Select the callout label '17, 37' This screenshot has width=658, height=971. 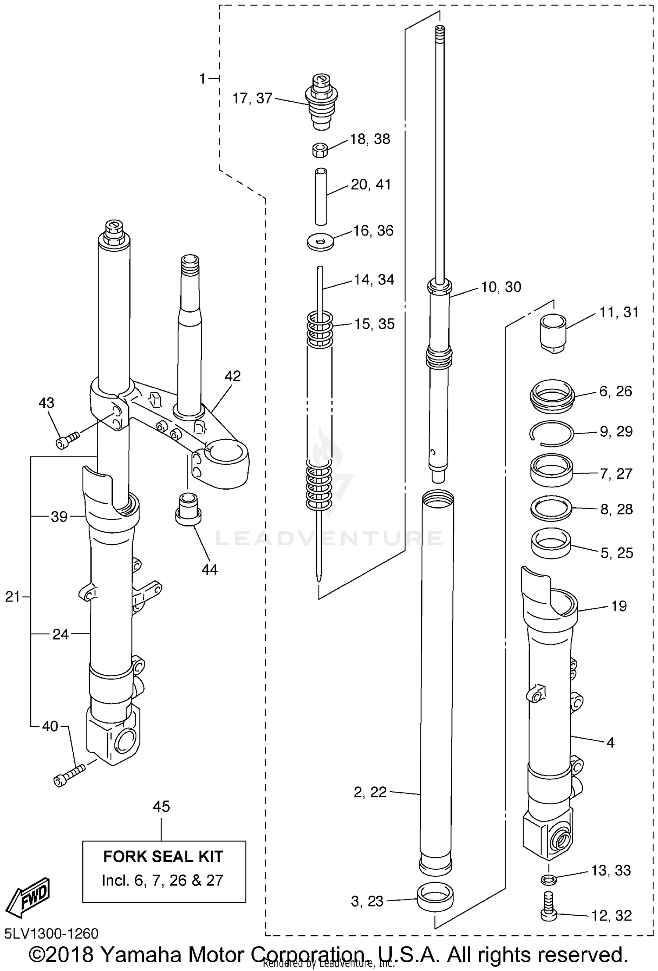pyautogui.click(x=252, y=98)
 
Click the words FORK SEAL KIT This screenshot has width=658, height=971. pyautogui.click(x=163, y=856)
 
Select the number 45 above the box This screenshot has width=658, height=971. pyautogui.click(x=161, y=806)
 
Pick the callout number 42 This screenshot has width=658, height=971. pyautogui.click(x=232, y=376)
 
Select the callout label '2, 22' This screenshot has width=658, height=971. pyautogui.click(x=370, y=792)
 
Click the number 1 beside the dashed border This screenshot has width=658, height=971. pyautogui.click(x=202, y=79)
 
